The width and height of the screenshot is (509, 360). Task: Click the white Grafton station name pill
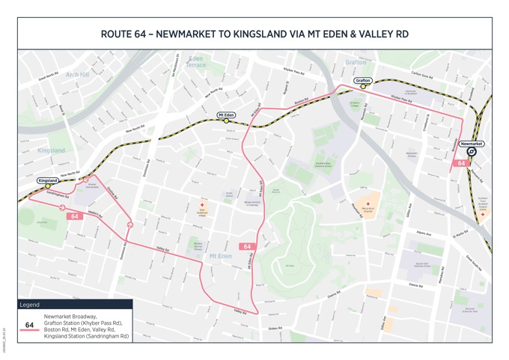coord(363,80)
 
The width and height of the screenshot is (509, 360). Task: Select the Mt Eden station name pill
coord(226,115)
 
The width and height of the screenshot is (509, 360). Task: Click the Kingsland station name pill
coord(48,181)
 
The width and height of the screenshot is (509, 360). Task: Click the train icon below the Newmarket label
coord(472,152)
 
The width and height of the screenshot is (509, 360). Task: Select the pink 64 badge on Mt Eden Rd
coord(247,246)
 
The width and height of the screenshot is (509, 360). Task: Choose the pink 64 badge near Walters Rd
coord(74,217)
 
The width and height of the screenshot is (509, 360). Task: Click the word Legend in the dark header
coord(29,305)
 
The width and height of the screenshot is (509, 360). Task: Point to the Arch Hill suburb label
coord(77,75)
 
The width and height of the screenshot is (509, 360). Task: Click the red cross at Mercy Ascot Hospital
coord(368,204)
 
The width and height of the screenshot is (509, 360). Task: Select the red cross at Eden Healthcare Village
coord(201,204)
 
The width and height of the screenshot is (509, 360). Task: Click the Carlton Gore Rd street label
coord(426,75)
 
